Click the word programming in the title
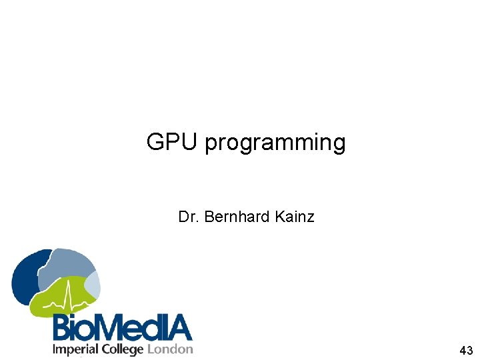(275, 143)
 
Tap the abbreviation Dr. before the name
(189, 217)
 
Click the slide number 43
(466, 351)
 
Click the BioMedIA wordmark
(123, 328)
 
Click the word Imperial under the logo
(75, 349)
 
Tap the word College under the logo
(123, 349)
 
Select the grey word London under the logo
(170, 349)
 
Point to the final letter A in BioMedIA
(179, 328)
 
